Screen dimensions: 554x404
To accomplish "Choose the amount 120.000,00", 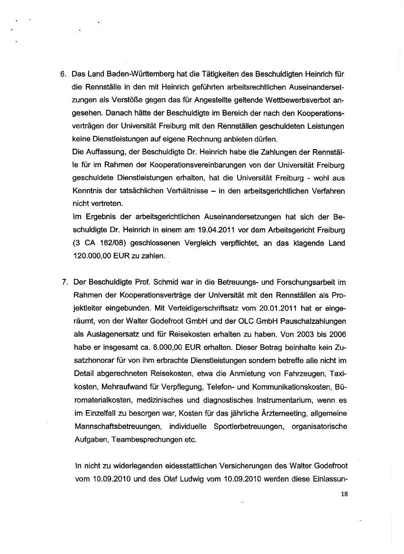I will [x=95, y=256].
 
